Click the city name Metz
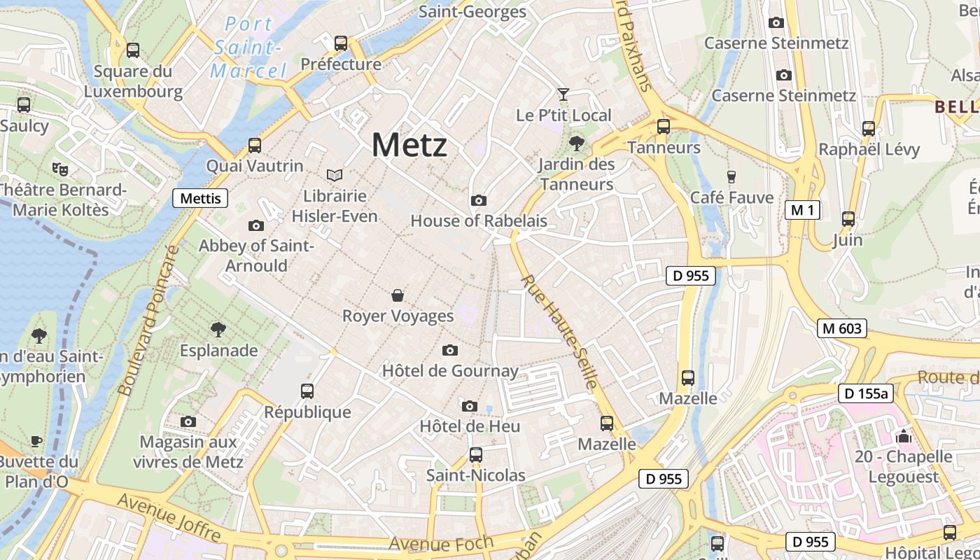[x=409, y=146]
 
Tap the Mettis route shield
[x=200, y=198]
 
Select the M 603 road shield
[x=841, y=328]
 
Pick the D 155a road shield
[x=865, y=393]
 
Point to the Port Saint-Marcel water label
[x=248, y=47]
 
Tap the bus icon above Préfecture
[x=341, y=43]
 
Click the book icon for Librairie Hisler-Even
[x=335, y=175]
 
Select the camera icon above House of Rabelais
[x=479, y=201]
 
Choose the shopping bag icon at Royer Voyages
[x=398, y=295]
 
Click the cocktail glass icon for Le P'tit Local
[x=563, y=94]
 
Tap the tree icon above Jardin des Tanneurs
[x=577, y=144]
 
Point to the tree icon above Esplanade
[x=218, y=330]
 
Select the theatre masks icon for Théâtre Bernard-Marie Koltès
[x=61, y=169]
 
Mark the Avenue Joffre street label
[x=169, y=517]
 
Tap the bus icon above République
[x=307, y=391]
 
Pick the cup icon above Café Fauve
[x=731, y=176]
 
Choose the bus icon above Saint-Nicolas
[x=476, y=455]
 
